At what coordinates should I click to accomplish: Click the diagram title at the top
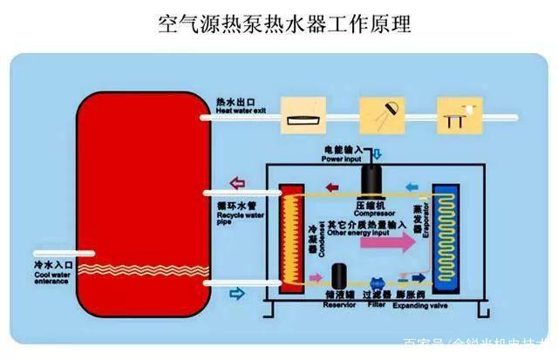pos(278,23)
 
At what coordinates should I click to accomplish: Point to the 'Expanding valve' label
pos(417,306)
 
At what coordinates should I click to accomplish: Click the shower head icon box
pos(384,116)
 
